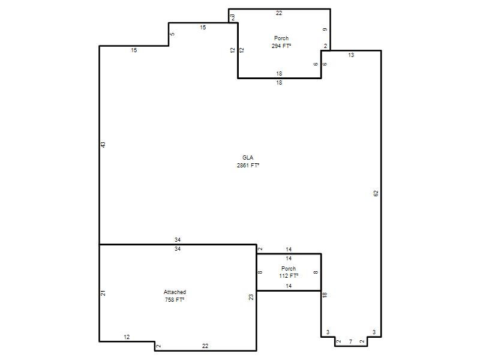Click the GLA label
tap(248, 158)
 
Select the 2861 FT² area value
tap(248, 166)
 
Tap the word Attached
tap(175, 292)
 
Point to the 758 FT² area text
tap(175, 299)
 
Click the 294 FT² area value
tap(281, 46)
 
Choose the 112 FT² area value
tap(289, 276)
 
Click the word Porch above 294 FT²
tap(281, 38)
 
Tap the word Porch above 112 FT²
tap(289, 268)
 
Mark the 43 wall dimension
tap(103, 145)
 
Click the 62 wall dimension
tap(376, 193)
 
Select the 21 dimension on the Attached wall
tap(103, 293)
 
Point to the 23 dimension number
tap(251, 297)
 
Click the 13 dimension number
tap(351, 55)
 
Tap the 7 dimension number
tap(351, 341)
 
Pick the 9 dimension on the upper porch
tap(325, 29)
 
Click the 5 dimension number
tap(172, 34)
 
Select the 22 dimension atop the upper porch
tap(278, 13)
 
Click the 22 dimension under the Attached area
tap(205, 346)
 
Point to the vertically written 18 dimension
tap(325, 295)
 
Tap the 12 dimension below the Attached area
tap(127, 337)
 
